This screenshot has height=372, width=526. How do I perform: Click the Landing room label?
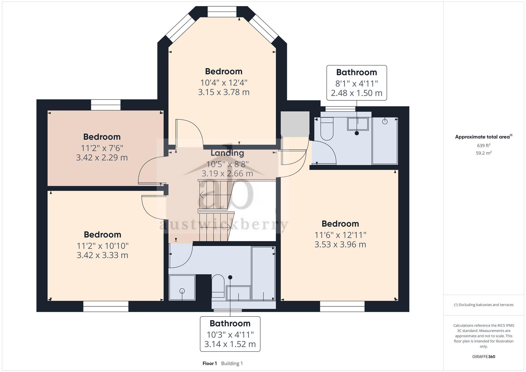click(227, 153)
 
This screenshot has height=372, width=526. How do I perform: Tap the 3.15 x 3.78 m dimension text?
click(224, 92)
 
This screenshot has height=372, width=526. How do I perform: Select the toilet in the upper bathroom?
click(327, 129)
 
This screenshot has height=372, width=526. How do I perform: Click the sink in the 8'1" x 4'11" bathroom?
click(358, 124)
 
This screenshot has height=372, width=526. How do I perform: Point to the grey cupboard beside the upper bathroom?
click(295, 124)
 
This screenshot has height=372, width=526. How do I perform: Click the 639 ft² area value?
click(483, 145)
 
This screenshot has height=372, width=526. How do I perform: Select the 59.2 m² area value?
click(483, 153)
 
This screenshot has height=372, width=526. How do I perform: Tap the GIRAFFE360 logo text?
click(483, 357)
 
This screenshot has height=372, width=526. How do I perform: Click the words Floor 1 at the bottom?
click(210, 363)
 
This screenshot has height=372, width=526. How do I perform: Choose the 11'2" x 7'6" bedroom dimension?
click(102, 148)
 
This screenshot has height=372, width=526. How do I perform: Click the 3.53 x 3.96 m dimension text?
click(340, 244)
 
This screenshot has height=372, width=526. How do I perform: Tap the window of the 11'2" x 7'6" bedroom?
click(106, 105)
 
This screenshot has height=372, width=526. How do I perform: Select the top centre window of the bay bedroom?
click(222, 12)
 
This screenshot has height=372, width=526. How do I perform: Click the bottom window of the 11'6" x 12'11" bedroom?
click(342, 307)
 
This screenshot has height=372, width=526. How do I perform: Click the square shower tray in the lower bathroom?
click(182, 288)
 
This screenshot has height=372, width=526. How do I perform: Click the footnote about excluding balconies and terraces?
click(483, 305)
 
